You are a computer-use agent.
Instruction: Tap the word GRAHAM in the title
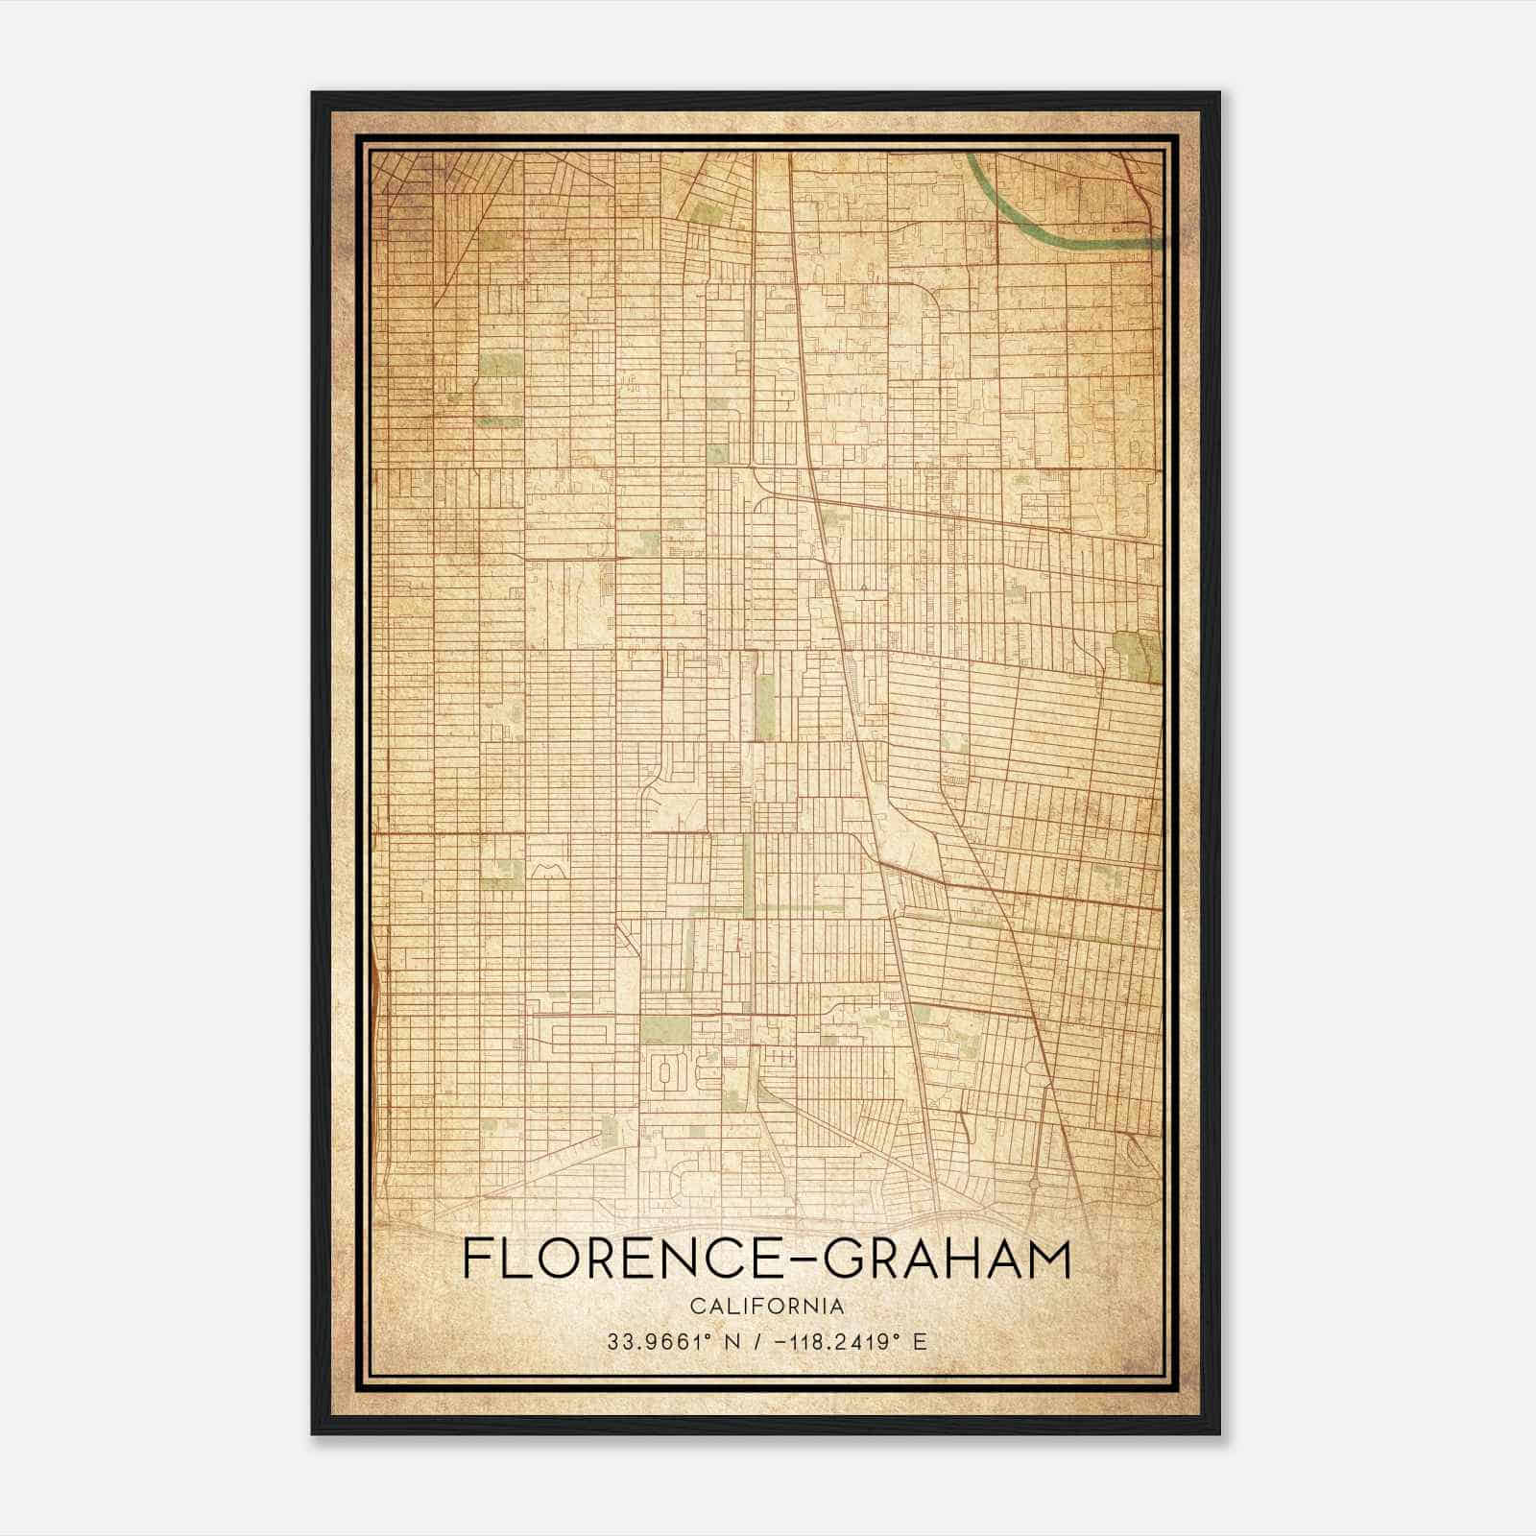click(x=948, y=1260)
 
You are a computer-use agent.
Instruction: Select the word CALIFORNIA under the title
click(x=767, y=1307)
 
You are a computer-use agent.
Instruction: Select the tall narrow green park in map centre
click(x=765, y=706)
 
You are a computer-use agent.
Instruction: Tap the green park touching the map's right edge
click(x=1138, y=657)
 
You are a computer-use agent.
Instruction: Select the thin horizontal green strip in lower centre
click(x=768, y=906)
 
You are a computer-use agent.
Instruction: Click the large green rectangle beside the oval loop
click(x=665, y=1029)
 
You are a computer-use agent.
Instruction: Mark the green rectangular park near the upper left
click(x=497, y=366)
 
